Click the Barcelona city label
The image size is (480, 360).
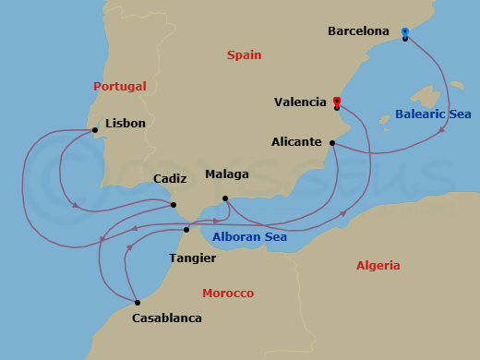point(358,31)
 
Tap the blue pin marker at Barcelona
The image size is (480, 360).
point(405,32)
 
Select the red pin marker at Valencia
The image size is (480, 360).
point(337,101)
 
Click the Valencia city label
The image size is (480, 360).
point(301,102)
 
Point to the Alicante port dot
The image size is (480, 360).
point(331,143)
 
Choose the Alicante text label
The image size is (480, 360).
point(296,142)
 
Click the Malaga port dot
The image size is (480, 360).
point(225,198)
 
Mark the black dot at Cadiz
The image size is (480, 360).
point(174,205)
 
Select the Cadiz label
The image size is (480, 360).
point(171,178)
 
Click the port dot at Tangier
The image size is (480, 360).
point(186,230)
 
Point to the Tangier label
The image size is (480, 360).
point(192,258)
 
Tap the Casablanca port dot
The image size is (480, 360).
point(137,303)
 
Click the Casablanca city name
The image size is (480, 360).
point(167,318)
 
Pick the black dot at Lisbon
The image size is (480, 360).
point(95,130)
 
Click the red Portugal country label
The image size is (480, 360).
point(120,86)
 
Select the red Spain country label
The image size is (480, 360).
point(245,55)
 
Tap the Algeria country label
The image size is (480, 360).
point(378,266)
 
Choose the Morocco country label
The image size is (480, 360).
point(228,294)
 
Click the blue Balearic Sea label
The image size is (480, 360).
point(433,114)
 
